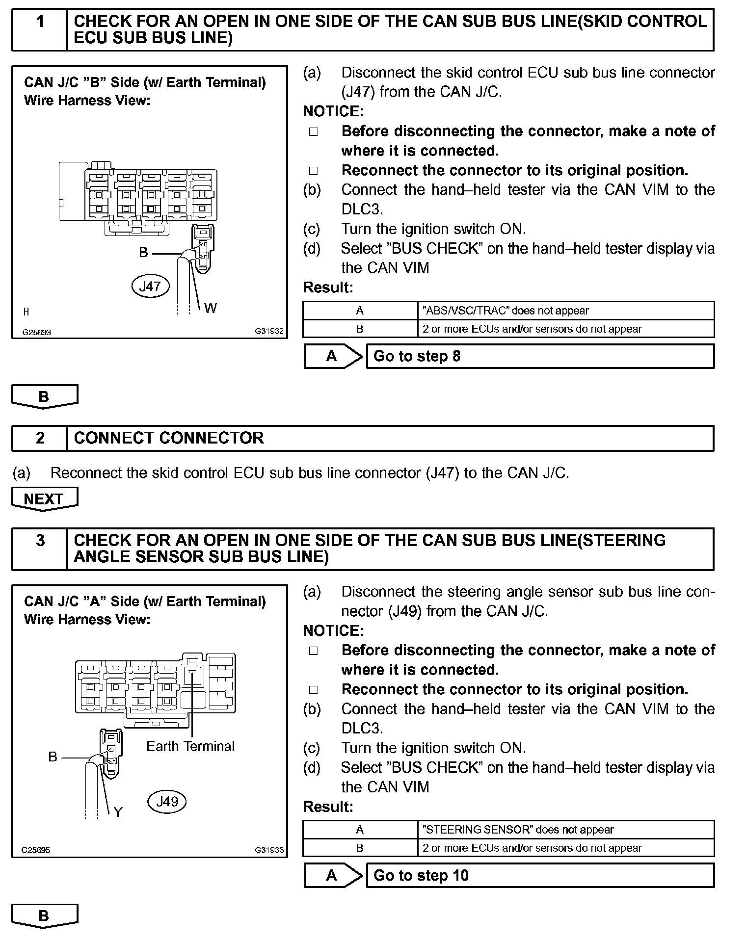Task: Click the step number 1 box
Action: (40, 29)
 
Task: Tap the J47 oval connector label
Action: (150, 286)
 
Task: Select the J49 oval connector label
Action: (167, 802)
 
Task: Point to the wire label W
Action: (210, 308)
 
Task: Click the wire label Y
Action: (118, 812)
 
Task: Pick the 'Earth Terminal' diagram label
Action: (190, 746)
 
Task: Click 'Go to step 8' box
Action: (540, 356)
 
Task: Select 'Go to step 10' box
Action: (540, 875)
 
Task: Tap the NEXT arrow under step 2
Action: (44, 499)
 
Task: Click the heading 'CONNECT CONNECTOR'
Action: (169, 438)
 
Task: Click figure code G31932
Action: (269, 331)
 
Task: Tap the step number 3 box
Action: (40, 549)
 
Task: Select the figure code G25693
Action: (37, 332)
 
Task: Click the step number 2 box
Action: (40, 438)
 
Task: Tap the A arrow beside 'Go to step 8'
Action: (333, 356)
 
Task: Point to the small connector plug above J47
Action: (203, 248)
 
